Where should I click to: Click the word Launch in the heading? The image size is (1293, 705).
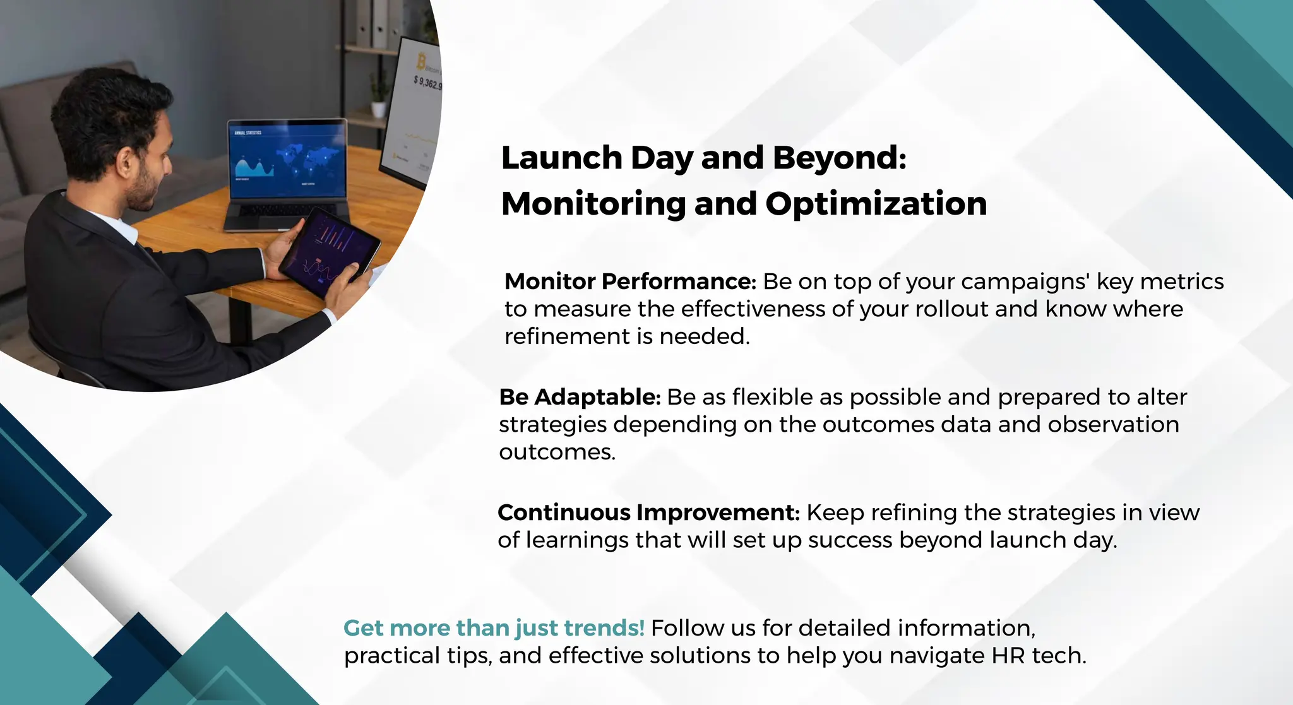click(561, 158)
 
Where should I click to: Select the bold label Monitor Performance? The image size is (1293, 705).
click(629, 281)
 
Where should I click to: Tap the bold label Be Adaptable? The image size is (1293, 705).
click(579, 397)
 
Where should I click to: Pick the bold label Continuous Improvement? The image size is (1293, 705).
click(648, 512)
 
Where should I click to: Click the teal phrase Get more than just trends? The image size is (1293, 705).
click(493, 628)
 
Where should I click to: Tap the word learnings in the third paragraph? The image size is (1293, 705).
click(577, 540)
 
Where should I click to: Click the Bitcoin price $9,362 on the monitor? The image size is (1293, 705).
click(427, 82)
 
